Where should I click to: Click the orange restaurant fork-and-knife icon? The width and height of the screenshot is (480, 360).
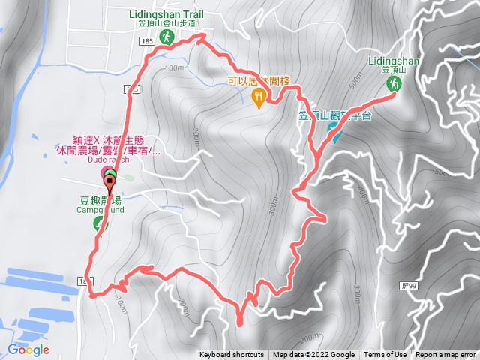click(259, 95)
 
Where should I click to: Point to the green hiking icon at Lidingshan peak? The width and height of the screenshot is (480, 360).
click(391, 85)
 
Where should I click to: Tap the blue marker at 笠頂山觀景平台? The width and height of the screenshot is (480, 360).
click(332, 135)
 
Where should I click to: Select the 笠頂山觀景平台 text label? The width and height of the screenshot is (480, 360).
click(335, 115)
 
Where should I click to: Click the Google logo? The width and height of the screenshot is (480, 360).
click(28, 349)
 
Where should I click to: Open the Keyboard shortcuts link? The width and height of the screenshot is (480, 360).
click(232, 355)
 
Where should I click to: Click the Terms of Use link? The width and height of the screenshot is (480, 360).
click(385, 355)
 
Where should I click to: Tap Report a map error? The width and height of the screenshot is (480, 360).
click(445, 355)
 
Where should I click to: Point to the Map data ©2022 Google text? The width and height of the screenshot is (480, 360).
click(313, 355)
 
